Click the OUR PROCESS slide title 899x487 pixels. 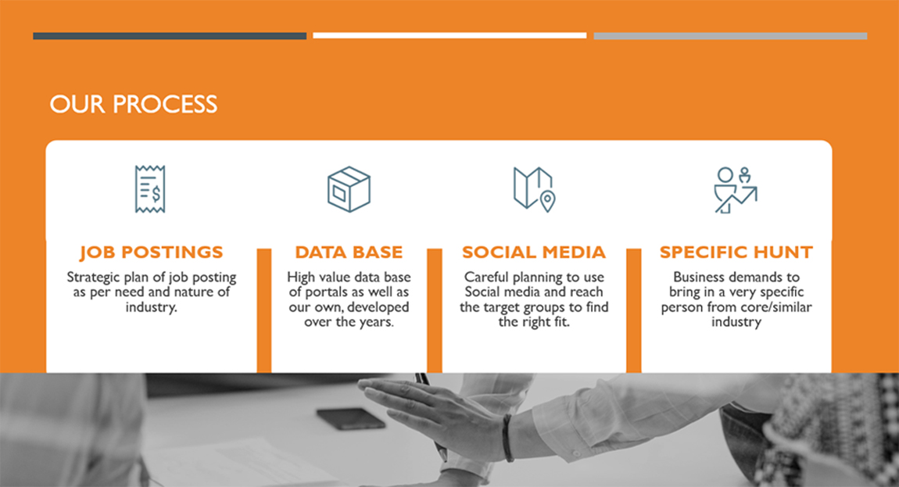point(134,105)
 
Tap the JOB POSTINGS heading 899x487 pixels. point(152,252)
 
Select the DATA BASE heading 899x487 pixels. point(349,252)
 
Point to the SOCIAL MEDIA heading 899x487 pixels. point(534,252)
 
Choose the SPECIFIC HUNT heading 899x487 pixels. point(736,252)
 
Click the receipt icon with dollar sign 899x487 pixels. point(150,189)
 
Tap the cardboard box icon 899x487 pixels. point(349,189)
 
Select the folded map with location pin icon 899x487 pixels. point(535,189)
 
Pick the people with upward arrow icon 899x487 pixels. point(736,190)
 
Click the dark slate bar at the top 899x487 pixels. point(170,36)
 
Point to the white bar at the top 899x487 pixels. point(449,35)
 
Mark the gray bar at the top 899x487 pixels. point(730,36)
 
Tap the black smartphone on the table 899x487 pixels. point(351,419)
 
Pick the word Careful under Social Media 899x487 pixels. point(486,277)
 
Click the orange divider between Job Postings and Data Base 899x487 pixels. point(264,310)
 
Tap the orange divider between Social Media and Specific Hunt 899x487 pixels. point(633,310)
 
